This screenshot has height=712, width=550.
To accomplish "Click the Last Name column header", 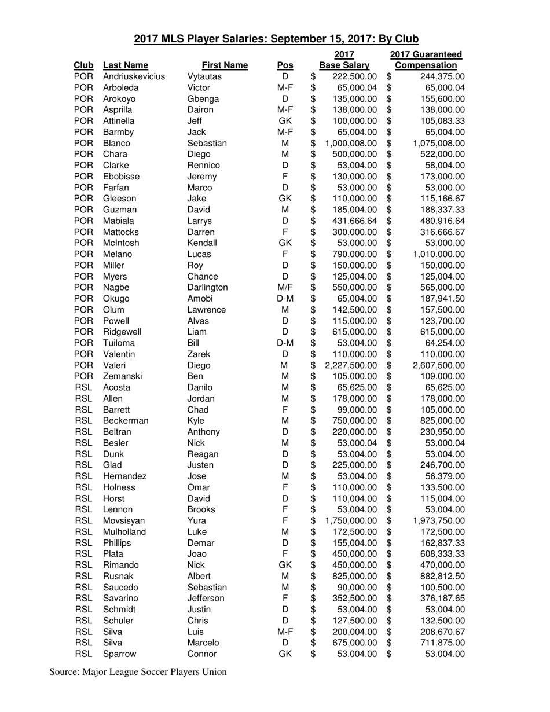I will click(x=125, y=65).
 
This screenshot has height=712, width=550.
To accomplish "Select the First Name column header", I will click(x=225, y=65).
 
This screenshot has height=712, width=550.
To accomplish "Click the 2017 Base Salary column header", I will click(x=345, y=60).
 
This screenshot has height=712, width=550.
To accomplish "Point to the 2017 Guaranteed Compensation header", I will click(x=427, y=60).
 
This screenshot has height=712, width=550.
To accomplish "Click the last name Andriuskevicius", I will click(x=134, y=76).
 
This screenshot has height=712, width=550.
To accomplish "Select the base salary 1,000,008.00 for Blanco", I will click(x=351, y=143).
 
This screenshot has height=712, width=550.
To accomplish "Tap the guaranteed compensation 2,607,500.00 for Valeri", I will click(x=438, y=365).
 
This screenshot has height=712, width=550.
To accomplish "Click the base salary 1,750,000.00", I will click(x=351, y=520).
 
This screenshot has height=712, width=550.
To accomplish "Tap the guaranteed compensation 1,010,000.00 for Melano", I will click(x=438, y=254).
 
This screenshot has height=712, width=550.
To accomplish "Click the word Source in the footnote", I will click(x=64, y=672).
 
